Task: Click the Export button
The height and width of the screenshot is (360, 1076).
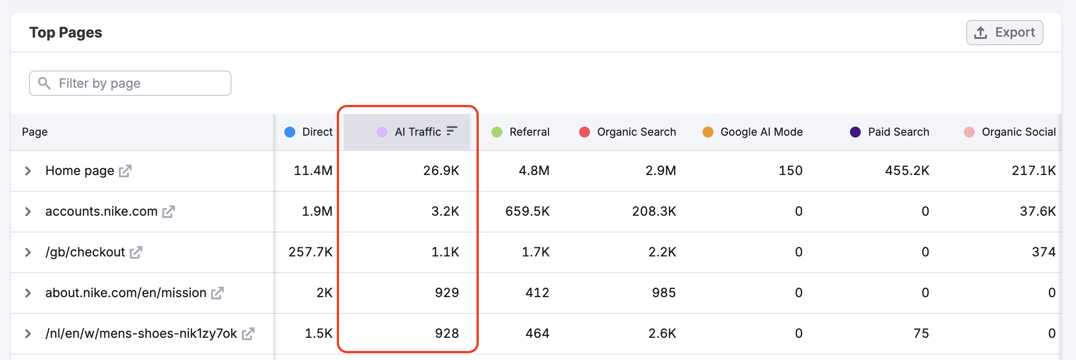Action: pos(1004,33)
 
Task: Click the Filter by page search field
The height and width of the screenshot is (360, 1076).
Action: pos(130,83)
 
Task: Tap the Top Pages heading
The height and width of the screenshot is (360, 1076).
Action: pos(66,33)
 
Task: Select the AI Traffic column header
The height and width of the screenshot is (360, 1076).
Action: pos(417,132)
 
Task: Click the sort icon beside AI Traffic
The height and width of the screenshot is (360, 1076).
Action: pos(452,131)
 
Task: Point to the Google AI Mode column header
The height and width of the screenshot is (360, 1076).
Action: pos(761,132)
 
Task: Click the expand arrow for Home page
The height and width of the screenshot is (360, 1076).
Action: pos(28,171)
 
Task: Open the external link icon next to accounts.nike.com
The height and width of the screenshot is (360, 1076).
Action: pos(169,212)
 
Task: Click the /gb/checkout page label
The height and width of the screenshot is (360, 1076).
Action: pos(85,252)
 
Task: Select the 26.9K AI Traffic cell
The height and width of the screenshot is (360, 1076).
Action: pos(441,171)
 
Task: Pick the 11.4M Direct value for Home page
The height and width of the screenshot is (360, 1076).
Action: pos(313,171)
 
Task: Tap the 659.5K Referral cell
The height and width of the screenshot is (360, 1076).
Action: pos(527,212)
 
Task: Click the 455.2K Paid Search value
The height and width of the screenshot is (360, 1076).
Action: pos(907,171)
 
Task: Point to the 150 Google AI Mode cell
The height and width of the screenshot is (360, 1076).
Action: pos(790,171)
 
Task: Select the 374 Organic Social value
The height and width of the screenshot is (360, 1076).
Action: pos(1043,252)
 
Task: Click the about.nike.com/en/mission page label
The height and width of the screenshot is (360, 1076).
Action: pos(126,293)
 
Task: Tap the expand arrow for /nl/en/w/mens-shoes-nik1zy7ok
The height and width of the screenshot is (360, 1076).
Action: pos(28,334)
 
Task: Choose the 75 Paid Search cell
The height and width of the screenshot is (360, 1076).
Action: pos(921,334)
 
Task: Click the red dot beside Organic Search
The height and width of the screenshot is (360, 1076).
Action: pos(584,132)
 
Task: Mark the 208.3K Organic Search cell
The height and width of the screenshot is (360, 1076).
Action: pos(654,212)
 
